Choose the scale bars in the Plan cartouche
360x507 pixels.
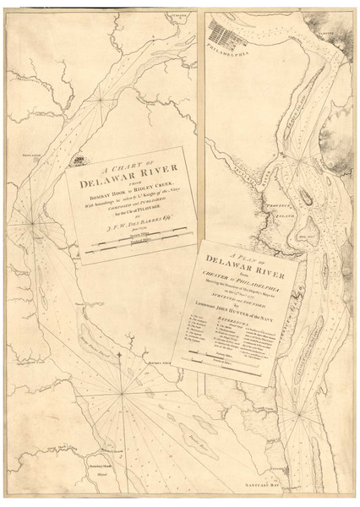pos(245,373)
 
